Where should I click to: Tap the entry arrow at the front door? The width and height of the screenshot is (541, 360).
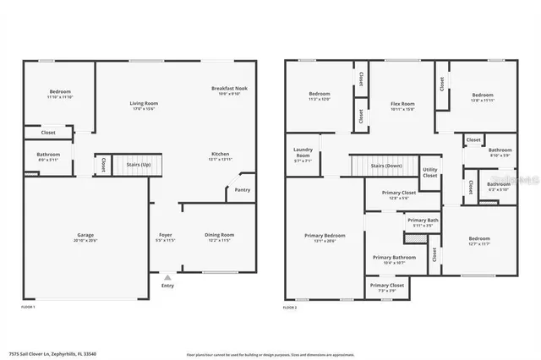pyautogui.click(x=167, y=275)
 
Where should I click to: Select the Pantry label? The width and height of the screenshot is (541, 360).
pyautogui.click(x=243, y=190)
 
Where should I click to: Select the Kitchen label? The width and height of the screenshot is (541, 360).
pyautogui.click(x=220, y=154)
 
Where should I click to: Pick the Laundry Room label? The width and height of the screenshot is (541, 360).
pyautogui.click(x=303, y=153)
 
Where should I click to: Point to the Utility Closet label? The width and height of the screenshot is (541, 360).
pyautogui.click(x=429, y=172)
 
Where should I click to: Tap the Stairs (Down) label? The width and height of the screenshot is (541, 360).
pyautogui.click(x=385, y=166)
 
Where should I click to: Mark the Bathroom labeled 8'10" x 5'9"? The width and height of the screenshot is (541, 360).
pyautogui.click(x=500, y=150)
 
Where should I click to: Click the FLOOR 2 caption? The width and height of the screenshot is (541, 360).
pyautogui.click(x=290, y=308)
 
